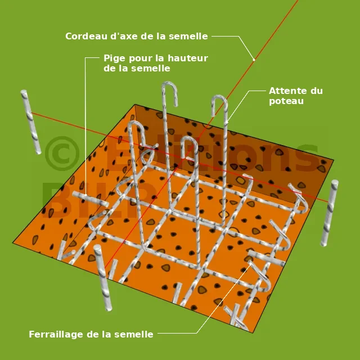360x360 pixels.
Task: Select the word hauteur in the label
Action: click(188, 58)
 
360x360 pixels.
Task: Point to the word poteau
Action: click(286, 101)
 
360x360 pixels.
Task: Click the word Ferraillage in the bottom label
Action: click(56, 334)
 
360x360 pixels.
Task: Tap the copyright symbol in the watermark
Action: click(62, 154)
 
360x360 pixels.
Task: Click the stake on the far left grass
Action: click(31, 122)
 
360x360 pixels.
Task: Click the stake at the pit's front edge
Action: click(102, 278)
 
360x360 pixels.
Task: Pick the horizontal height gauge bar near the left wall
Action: click(91, 199)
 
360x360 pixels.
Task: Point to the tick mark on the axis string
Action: click(254, 60)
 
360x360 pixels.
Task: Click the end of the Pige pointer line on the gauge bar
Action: click(85, 195)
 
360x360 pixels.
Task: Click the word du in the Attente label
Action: click(317, 91)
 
